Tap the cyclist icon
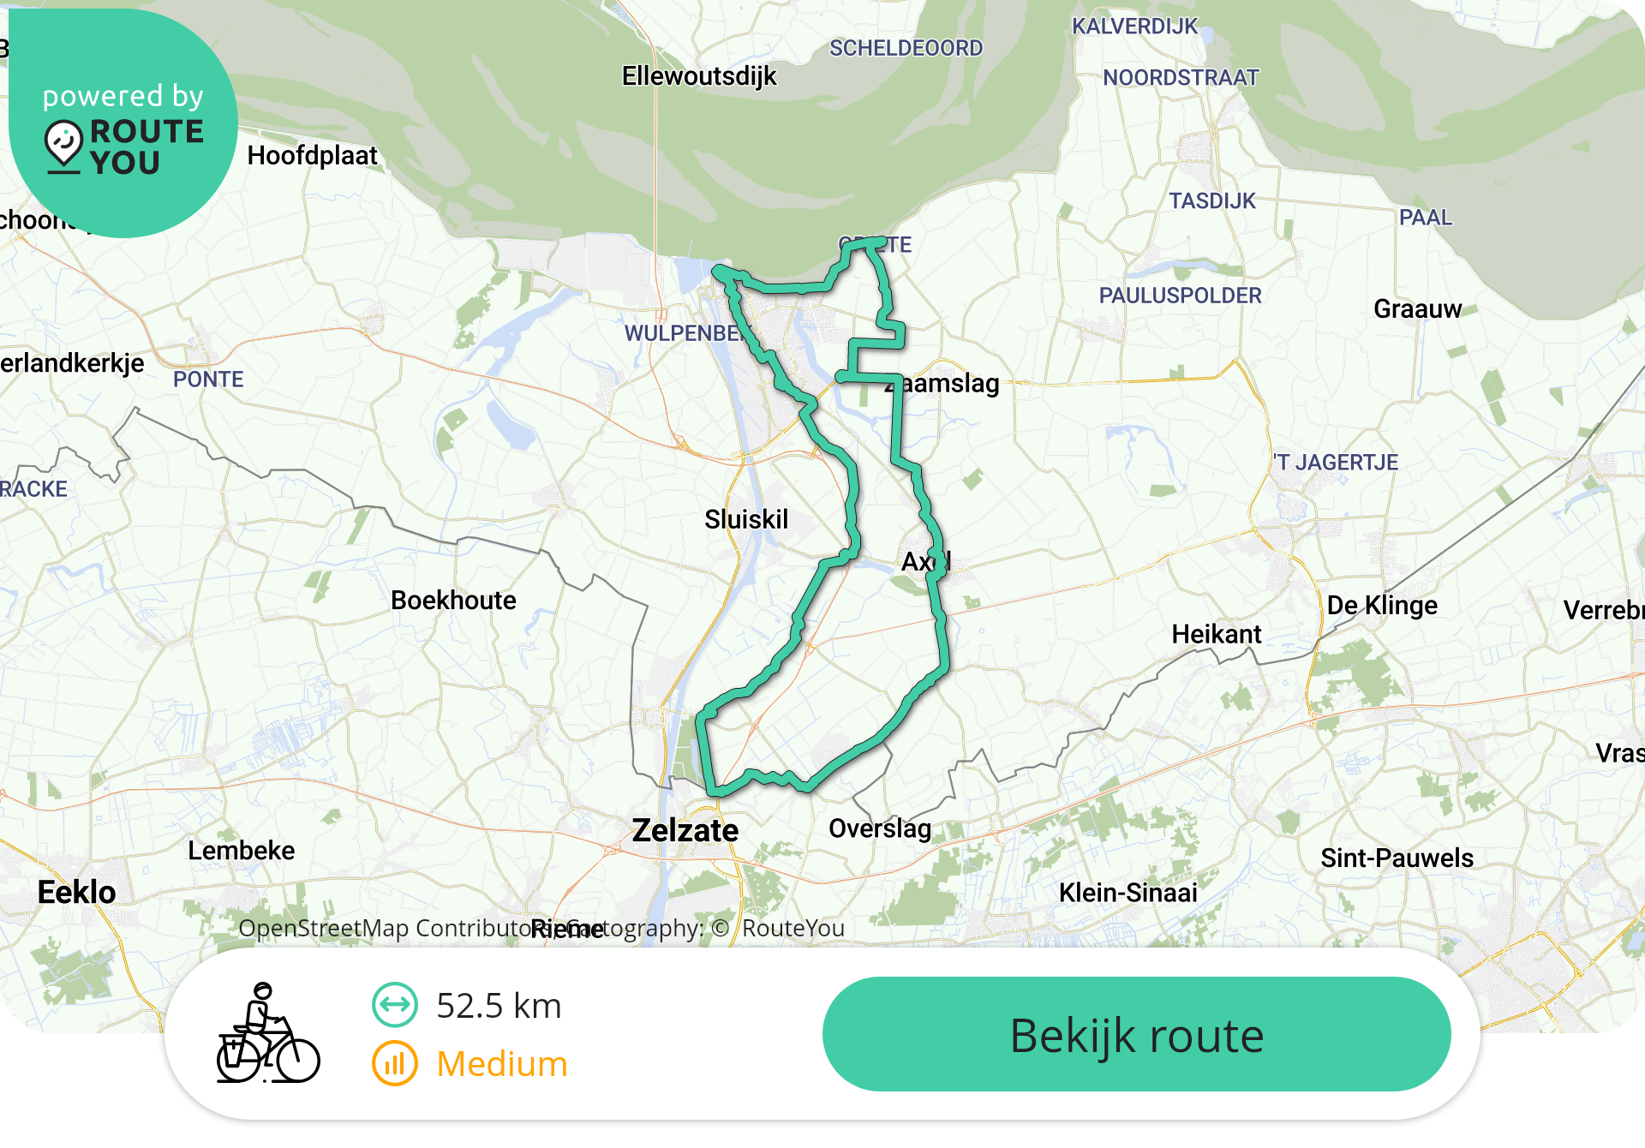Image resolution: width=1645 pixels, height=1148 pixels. tap(267, 1033)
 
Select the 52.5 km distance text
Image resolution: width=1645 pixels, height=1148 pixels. tap(499, 1006)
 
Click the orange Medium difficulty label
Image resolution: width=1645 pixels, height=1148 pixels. tap(502, 1064)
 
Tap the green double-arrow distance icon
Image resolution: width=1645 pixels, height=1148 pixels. tap(395, 1004)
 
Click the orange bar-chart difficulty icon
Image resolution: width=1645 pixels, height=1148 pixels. tap(395, 1063)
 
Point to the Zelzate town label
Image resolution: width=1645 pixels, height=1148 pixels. tap(685, 830)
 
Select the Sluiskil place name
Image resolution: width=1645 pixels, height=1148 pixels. tap(746, 519)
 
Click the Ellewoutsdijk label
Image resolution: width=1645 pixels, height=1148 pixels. tap(699, 76)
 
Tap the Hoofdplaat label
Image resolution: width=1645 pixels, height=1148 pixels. tap(313, 156)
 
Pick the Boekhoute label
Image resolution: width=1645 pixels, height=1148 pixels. tap(453, 601)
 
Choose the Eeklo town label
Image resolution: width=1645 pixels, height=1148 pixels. tap(77, 892)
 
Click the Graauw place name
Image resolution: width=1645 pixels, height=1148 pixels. tap(1418, 309)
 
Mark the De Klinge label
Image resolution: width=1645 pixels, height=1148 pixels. tap(1382, 606)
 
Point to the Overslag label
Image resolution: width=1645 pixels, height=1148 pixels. tap(880, 828)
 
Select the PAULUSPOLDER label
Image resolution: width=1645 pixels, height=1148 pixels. tap(1180, 296)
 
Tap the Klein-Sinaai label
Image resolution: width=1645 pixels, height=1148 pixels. tap(1128, 893)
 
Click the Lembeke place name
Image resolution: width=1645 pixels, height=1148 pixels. tap(242, 851)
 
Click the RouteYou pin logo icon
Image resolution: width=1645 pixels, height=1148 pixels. tap(64, 146)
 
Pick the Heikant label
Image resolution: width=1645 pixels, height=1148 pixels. tap(1217, 634)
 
